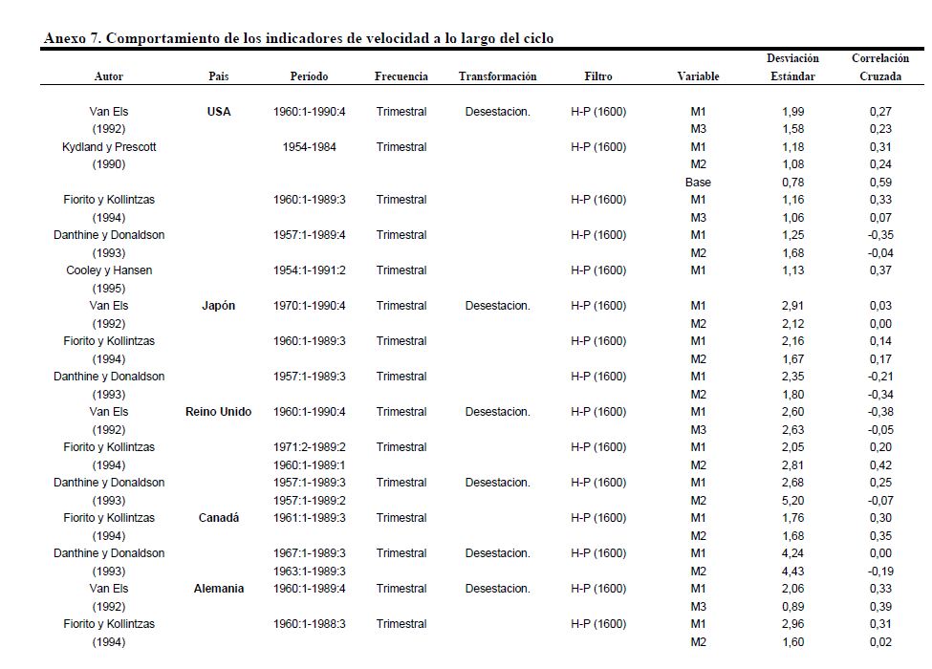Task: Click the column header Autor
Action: (x=108, y=76)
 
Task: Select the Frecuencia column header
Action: (x=401, y=76)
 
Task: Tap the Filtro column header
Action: (x=597, y=76)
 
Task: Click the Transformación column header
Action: (x=497, y=76)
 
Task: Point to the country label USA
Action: (x=219, y=112)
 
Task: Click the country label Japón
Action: (x=219, y=306)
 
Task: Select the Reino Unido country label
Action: (x=219, y=412)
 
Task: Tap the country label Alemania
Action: (x=219, y=589)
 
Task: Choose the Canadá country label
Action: (x=219, y=518)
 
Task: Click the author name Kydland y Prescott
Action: (x=108, y=147)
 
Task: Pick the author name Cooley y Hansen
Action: (x=108, y=270)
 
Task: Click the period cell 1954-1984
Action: (x=309, y=147)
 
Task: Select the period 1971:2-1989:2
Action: (x=309, y=447)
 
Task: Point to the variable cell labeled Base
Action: (x=698, y=183)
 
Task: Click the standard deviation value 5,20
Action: (x=792, y=501)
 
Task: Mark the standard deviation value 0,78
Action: (x=792, y=183)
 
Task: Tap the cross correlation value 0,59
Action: (x=880, y=183)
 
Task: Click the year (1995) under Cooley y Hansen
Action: (x=108, y=289)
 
